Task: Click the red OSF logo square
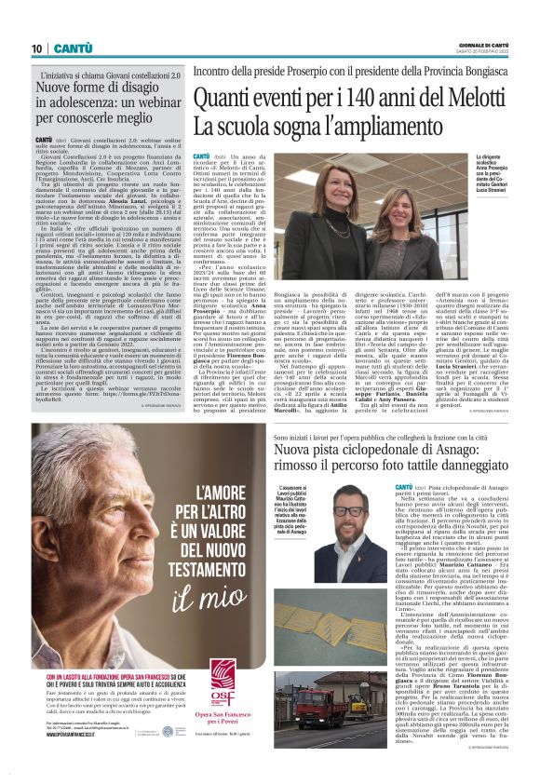(222, 678)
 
